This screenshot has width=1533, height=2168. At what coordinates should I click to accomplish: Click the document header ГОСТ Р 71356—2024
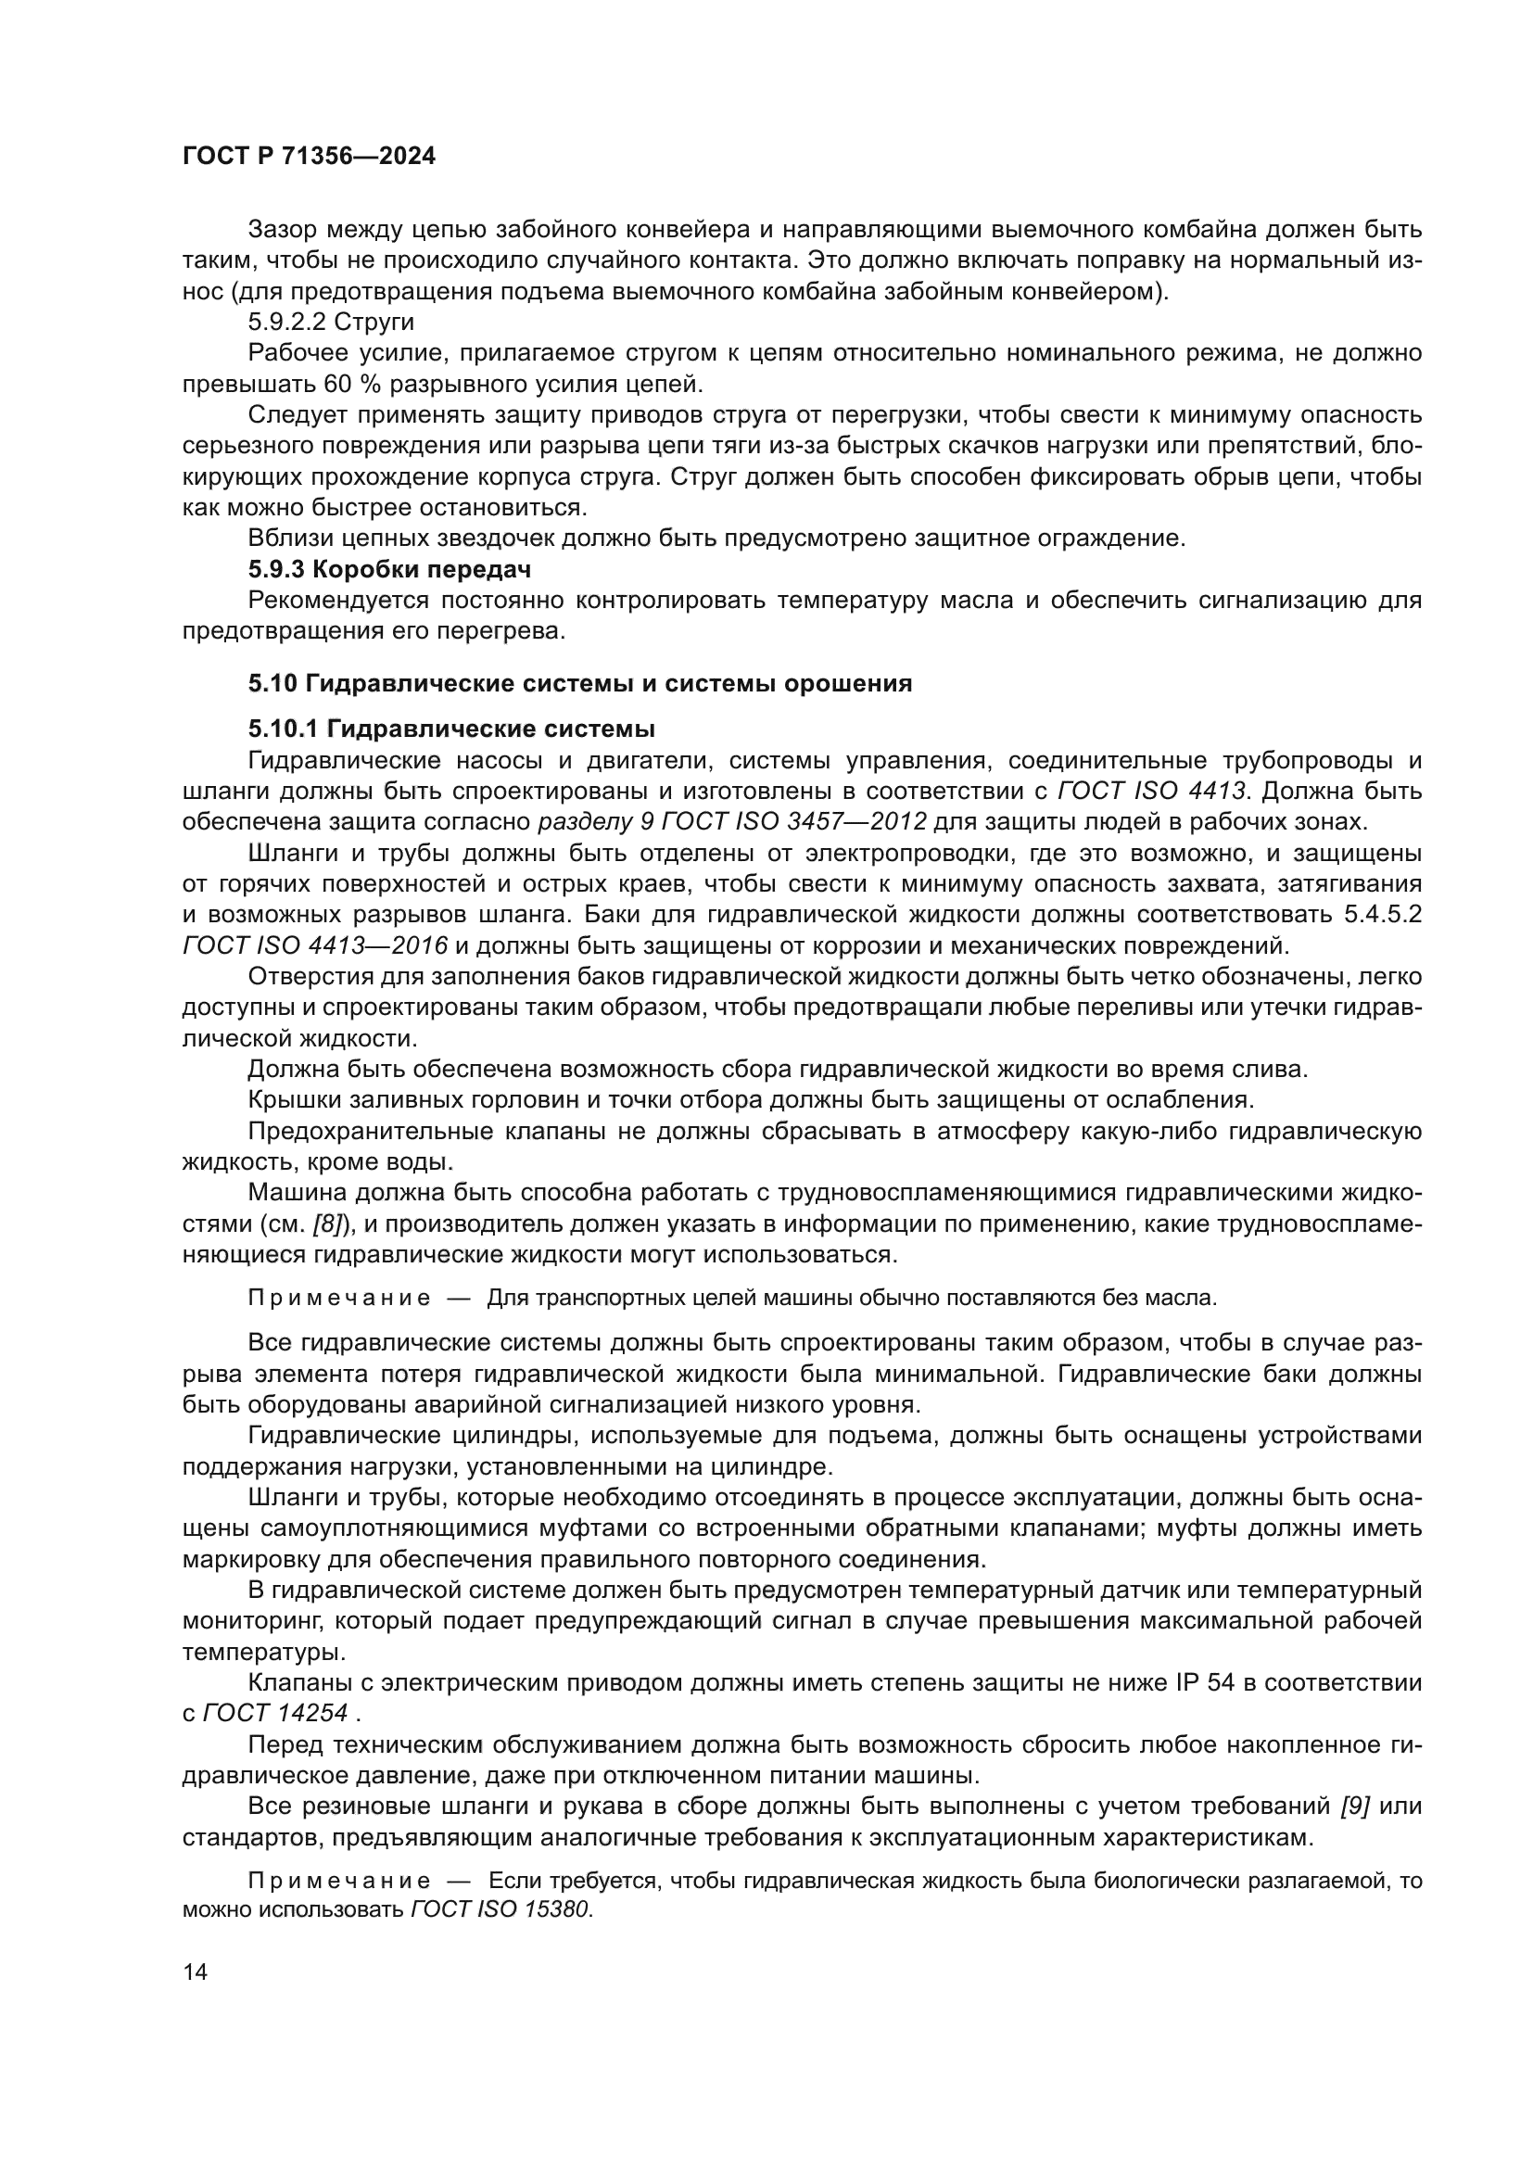click(309, 157)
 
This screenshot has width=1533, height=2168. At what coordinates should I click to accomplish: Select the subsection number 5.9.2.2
click(286, 322)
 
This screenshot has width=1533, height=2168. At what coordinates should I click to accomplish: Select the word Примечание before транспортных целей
click(339, 1299)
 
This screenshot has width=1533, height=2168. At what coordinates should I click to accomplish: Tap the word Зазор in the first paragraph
click(283, 230)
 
